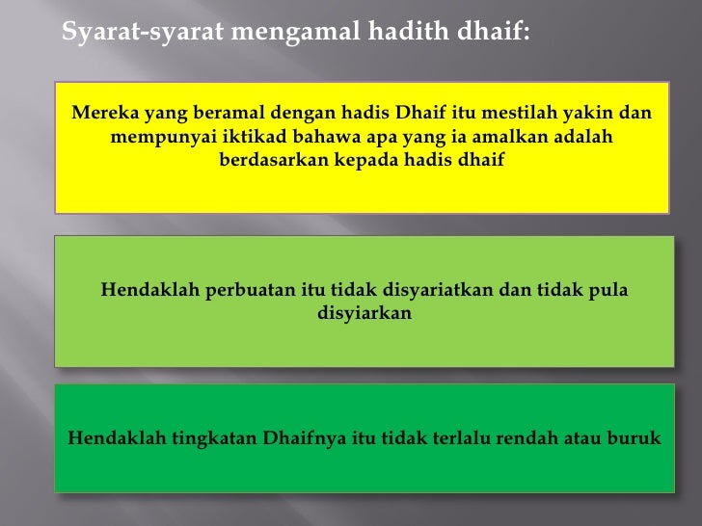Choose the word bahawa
pyautogui.click(x=334, y=138)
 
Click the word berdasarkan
pyautogui.click(x=274, y=160)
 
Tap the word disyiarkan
pyautogui.click(x=364, y=313)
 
